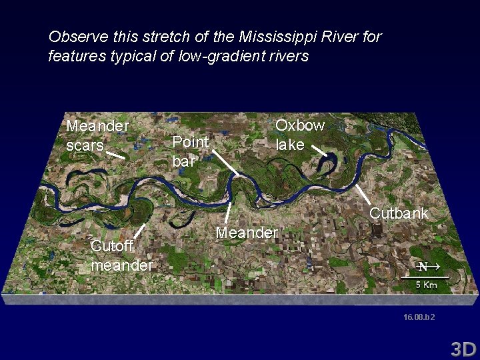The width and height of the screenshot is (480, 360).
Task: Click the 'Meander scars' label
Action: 97,135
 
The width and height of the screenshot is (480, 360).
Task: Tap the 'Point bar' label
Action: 190,151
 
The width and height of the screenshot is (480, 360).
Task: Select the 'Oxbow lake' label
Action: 300,135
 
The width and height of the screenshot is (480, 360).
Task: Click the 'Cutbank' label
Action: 399,214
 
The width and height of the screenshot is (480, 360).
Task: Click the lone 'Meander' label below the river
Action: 247,233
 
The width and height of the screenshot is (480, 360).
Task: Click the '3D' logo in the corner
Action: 462,349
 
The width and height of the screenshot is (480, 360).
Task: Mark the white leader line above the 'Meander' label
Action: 229,212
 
